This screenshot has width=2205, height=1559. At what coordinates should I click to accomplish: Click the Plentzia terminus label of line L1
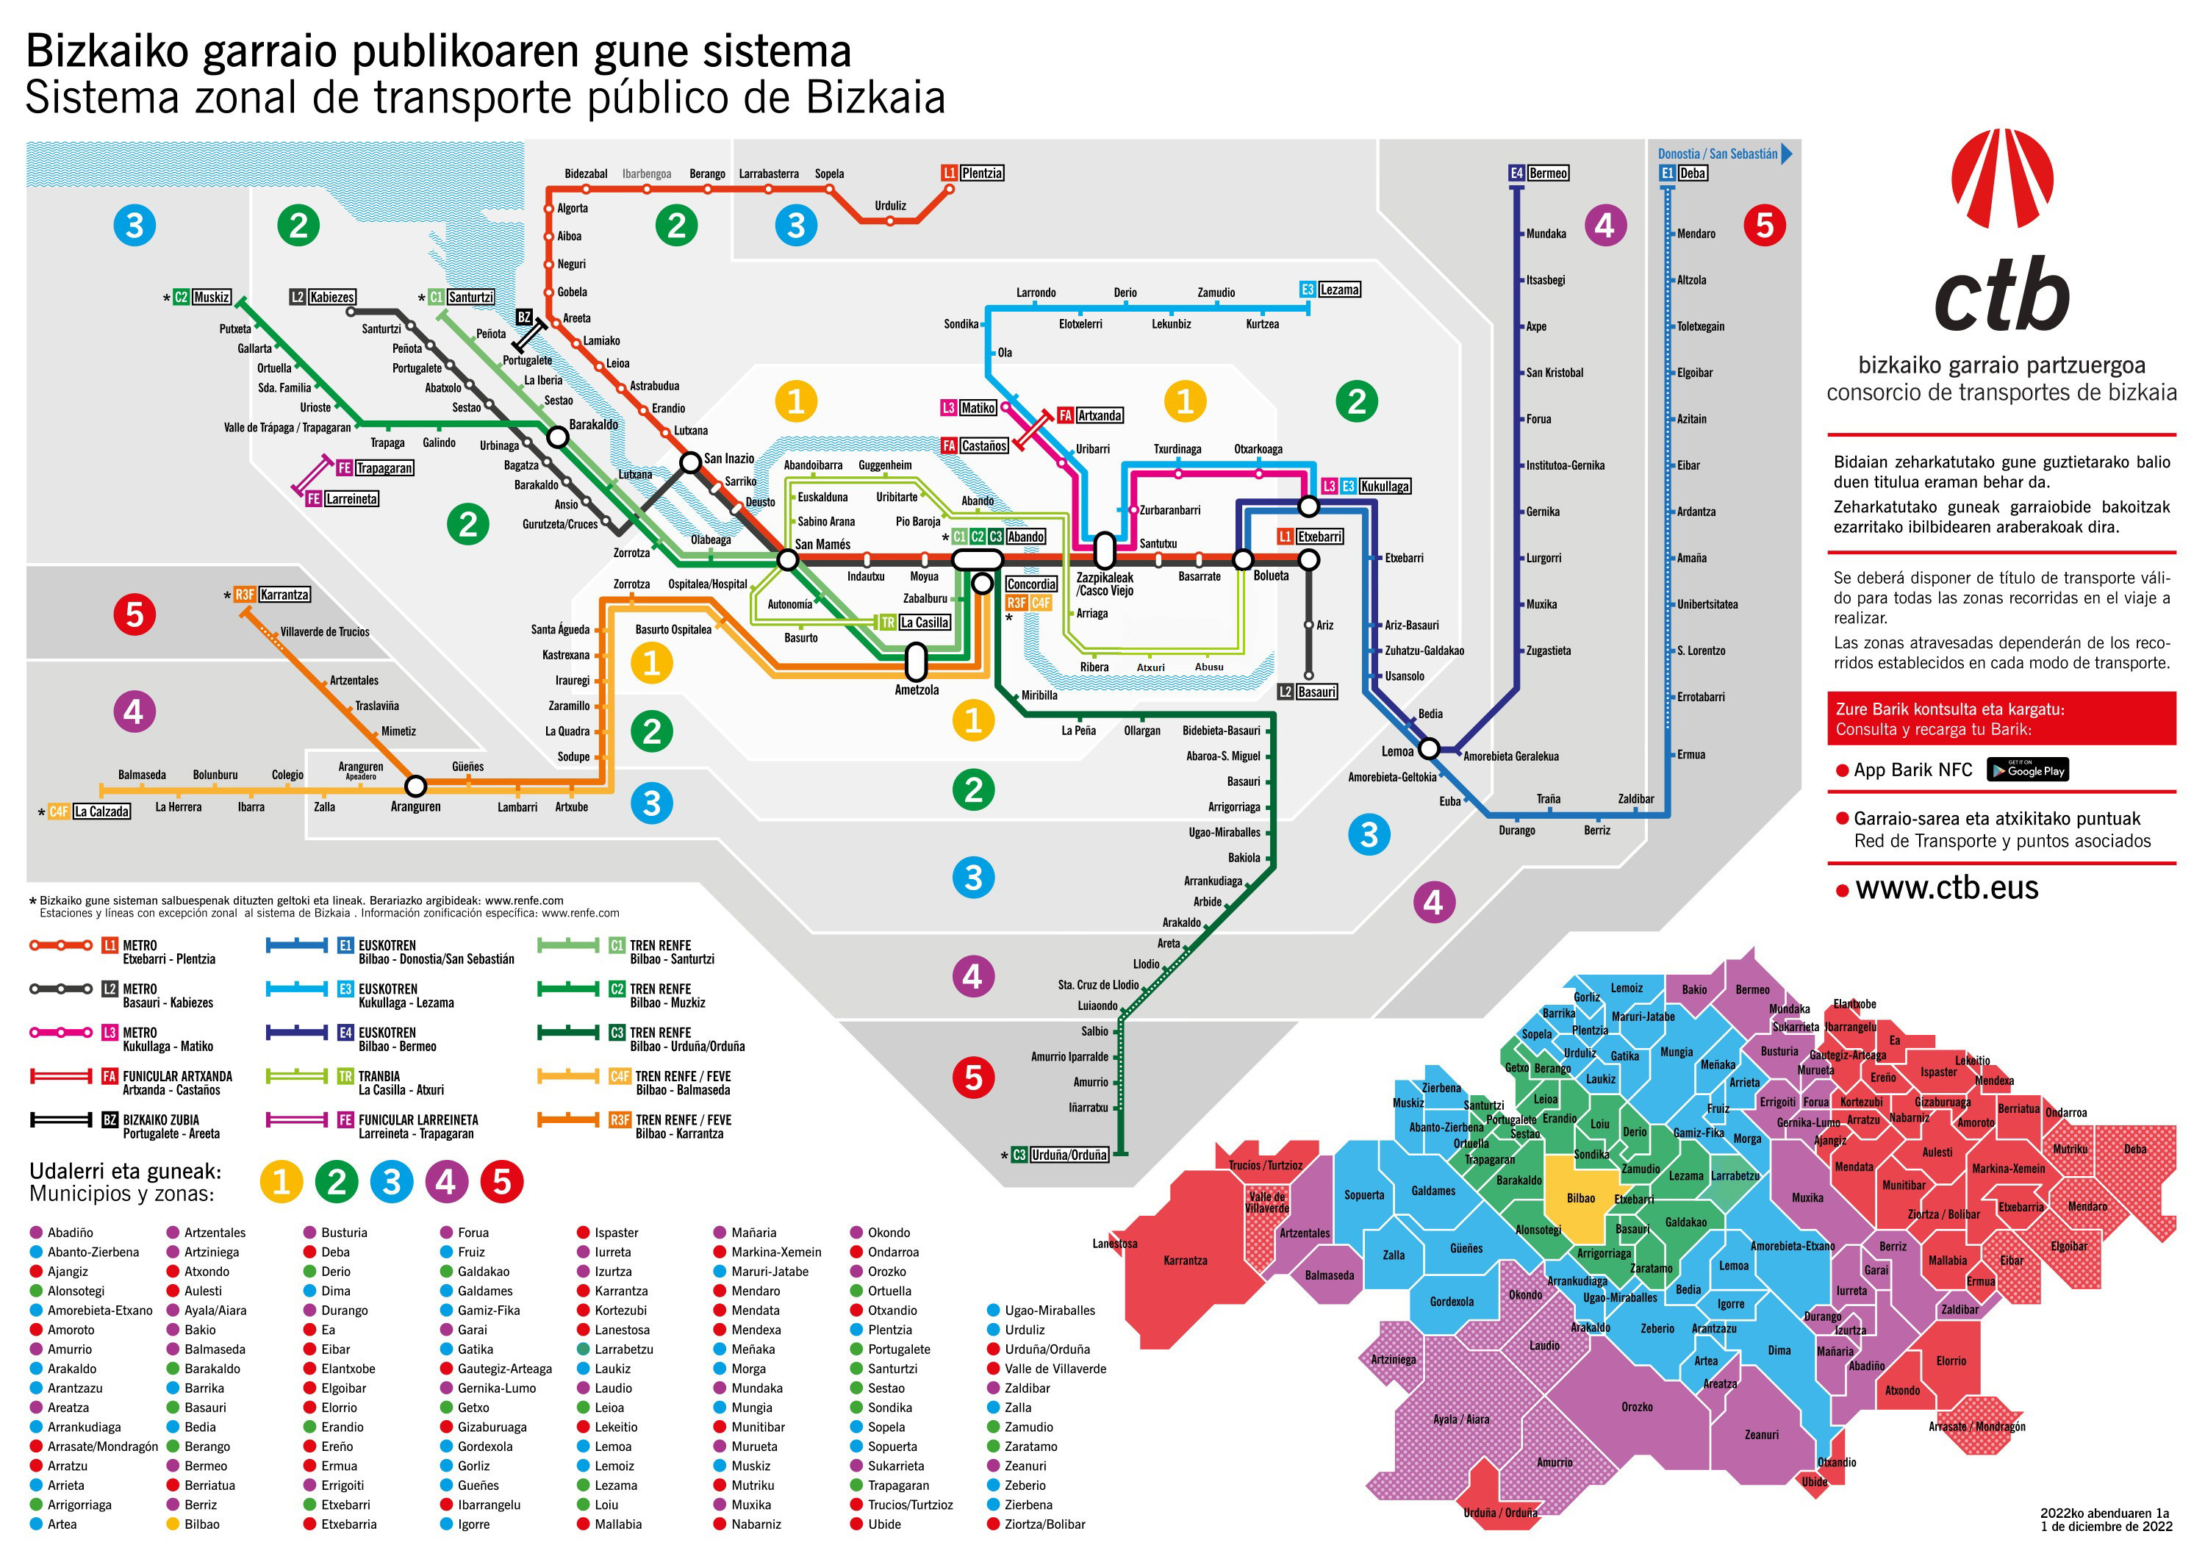click(981, 173)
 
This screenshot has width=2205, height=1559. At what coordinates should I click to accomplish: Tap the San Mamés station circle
click(787, 559)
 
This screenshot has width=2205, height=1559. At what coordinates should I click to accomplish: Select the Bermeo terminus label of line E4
click(1548, 173)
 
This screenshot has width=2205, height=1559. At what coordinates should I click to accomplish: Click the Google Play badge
click(2026, 770)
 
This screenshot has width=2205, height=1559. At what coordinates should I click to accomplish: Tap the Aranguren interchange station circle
click(415, 786)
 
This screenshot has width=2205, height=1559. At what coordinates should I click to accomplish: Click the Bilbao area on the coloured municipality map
click(1581, 1198)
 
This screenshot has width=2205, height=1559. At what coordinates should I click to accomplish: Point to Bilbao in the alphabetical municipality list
click(201, 1524)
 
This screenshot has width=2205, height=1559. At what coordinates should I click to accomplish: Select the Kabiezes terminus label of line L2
click(332, 297)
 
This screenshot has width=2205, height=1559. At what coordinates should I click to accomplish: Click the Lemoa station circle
click(1429, 748)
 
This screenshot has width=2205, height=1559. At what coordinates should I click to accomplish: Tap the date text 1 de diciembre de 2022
click(2105, 1527)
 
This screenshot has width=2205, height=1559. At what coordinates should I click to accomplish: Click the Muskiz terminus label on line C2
click(211, 297)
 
